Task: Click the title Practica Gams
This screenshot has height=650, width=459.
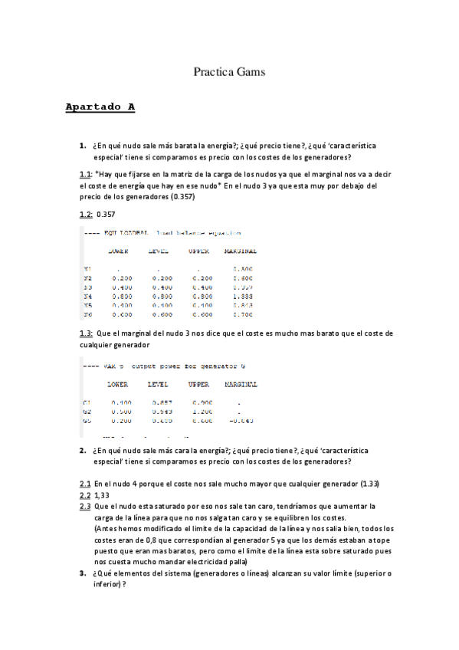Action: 229,73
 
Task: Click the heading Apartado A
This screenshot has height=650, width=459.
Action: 100,107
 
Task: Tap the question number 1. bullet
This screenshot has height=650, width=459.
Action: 82,146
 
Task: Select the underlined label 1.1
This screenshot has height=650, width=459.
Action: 85,174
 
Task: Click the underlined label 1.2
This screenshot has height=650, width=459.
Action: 86,214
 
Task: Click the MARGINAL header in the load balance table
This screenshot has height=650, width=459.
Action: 240,251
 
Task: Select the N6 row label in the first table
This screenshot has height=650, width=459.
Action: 87,314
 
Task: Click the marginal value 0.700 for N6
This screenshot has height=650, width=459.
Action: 241,314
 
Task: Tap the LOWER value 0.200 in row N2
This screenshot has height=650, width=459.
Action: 120,277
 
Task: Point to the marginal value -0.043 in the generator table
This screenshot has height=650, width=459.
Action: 240,421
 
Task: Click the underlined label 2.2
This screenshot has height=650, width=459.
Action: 85,496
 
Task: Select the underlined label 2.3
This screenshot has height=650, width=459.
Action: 85,507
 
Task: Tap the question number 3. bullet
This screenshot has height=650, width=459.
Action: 82,573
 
